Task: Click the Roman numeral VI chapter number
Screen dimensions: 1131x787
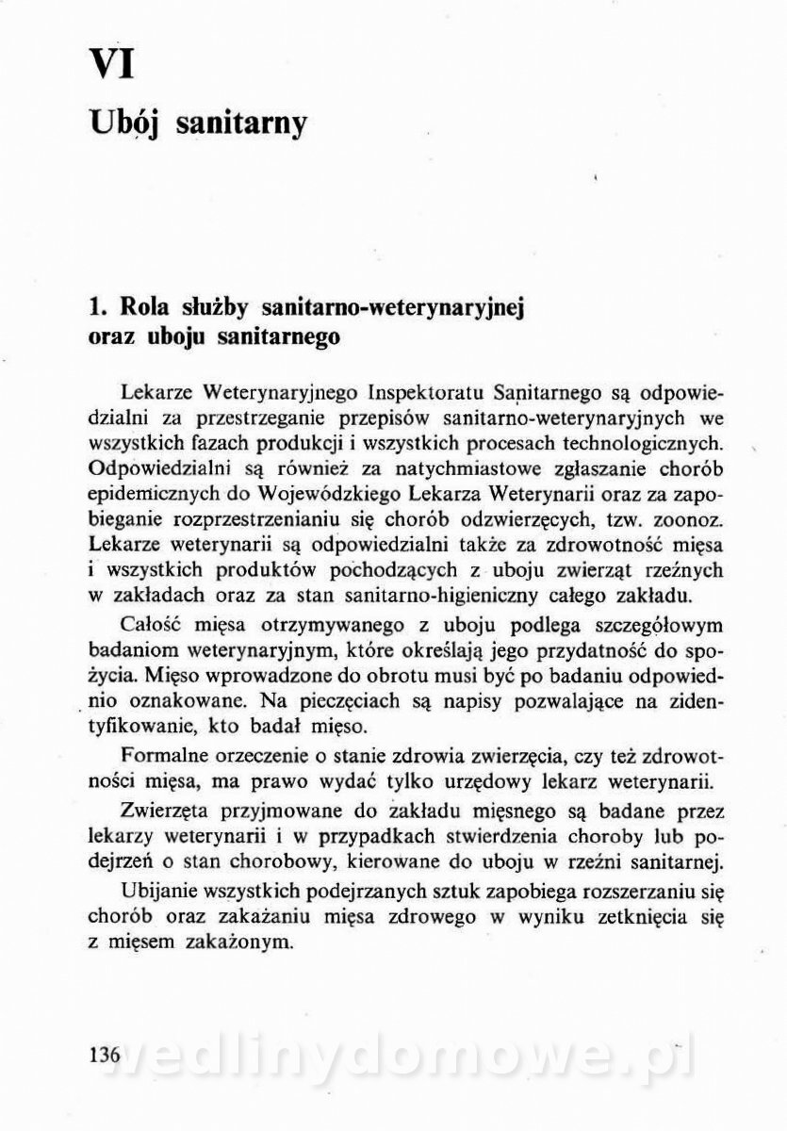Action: [111, 65]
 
